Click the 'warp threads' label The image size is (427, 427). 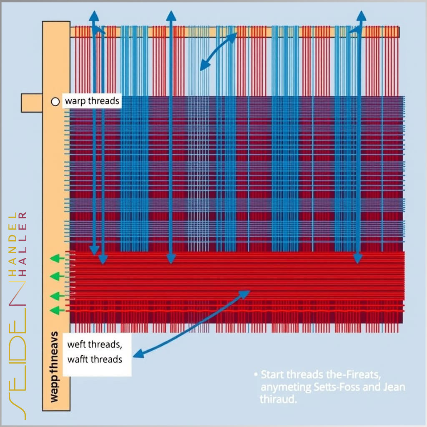(92, 101)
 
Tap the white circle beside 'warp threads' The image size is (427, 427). (55, 101)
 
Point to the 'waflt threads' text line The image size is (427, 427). (95, 359)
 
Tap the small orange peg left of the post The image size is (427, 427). (32, 103)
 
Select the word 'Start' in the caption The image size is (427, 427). (274, 374)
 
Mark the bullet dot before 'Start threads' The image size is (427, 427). (256, 374)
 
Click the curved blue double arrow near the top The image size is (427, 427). (218, 51)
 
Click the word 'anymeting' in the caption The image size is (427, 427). (286, 387)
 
